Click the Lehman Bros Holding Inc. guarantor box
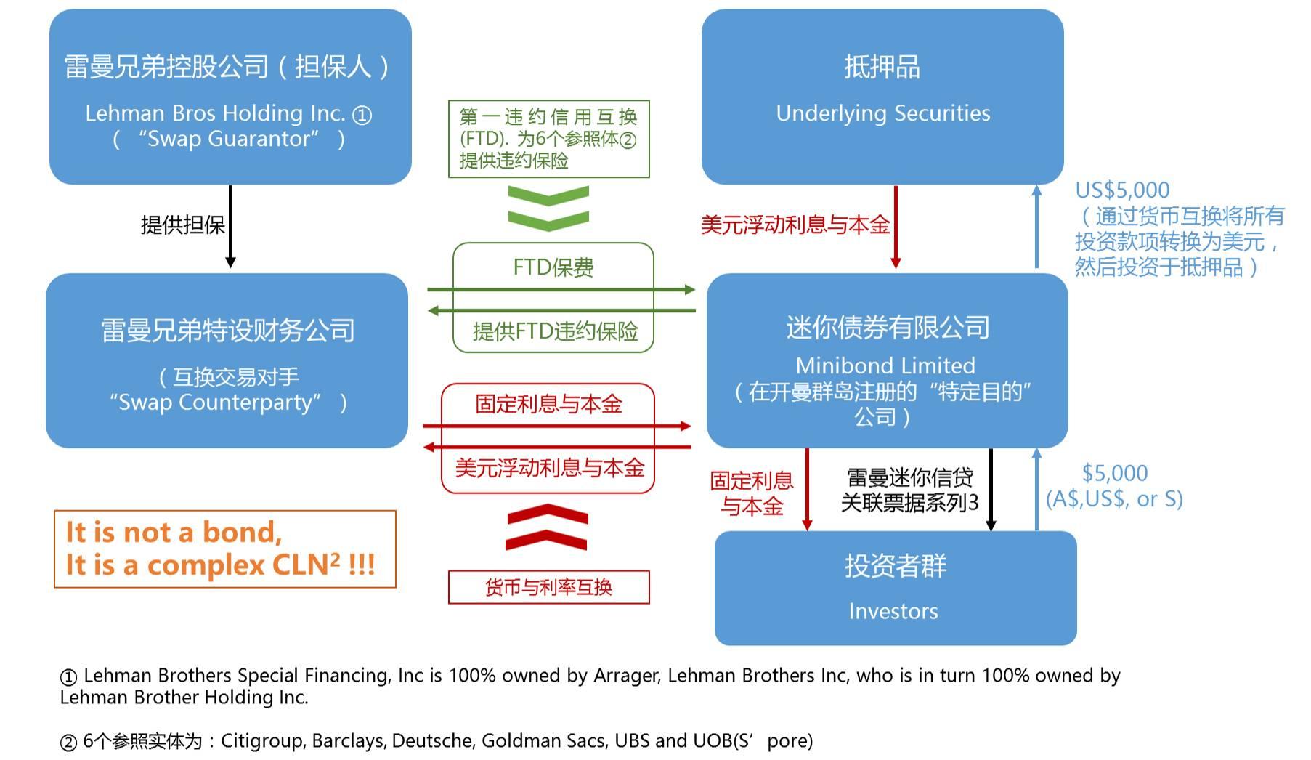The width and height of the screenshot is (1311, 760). tap(230, 97)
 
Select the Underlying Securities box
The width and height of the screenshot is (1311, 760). tap(882, 97)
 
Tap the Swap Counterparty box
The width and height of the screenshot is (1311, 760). tap(227, 360)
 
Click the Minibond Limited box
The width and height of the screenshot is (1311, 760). tap(887, 360)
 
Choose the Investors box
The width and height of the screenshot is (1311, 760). tap(896, 588)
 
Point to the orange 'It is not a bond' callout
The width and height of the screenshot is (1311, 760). tap(225, 549)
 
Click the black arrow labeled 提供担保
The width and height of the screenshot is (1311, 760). tap(230, 226)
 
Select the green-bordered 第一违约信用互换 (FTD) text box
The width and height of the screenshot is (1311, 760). tap(548, 139)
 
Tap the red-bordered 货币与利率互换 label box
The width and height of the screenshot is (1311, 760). tap(549, 587)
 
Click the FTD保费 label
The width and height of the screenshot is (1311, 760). tap(553, 267)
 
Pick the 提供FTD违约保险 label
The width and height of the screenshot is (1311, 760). tap(555, 331)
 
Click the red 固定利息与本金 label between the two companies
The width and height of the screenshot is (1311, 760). tap(548, 404)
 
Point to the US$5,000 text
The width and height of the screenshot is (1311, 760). tap(1122, 190)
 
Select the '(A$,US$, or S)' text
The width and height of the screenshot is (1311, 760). tap(1114, 499)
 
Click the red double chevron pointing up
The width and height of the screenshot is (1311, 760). tap(547, 527)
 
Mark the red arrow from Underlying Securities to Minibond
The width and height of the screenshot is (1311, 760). tap(896, 227)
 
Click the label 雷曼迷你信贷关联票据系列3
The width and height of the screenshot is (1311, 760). tap(910, 490)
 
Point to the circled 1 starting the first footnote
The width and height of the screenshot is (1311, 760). tap(68, 677)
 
